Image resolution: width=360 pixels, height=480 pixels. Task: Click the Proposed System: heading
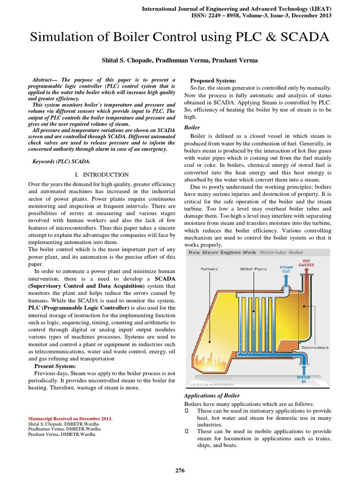click(x=212, y=81)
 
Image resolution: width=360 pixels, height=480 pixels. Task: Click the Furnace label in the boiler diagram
click(x=209, y=269)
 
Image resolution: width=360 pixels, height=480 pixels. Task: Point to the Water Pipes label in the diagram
click(x=253, y=269)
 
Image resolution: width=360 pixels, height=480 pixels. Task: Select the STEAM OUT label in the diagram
click(x=286, y=269)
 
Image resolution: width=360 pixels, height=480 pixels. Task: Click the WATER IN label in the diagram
click(x=304, y=379)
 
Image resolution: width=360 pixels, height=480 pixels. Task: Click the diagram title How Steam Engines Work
click(x=222, y=252)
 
